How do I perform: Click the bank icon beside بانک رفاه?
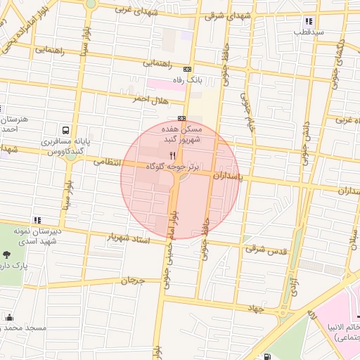[186, 69]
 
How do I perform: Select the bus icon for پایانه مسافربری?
[65, 131]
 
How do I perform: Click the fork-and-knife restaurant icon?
[172, 155]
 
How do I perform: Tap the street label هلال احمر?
[152, 100]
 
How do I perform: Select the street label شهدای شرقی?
[224, 15]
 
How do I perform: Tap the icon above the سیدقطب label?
[300, 20]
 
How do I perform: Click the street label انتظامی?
[108, 162]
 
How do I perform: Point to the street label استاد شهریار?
[130, 237]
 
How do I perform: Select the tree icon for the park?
[6, 255]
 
